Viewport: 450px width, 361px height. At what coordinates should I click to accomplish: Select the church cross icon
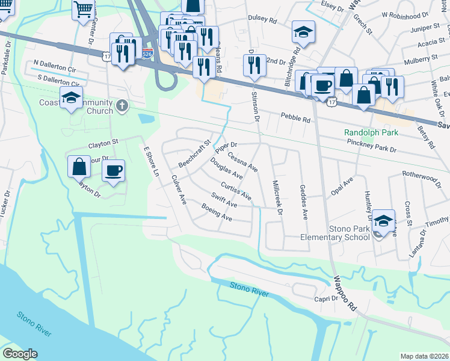click(122, 106)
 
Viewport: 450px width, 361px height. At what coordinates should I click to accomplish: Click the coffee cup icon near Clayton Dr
click(113, 171)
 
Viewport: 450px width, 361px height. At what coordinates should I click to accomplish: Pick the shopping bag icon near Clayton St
click(79, 167)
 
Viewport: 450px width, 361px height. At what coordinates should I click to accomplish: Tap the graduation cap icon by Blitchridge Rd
click(303, 32)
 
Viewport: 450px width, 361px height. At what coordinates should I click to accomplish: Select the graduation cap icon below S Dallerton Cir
click(71, 98)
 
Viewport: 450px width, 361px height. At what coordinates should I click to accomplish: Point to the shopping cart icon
click(83, 9)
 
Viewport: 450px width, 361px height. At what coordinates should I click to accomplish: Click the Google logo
click(20, 354)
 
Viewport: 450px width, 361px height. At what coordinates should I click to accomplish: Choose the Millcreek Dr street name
click(277, 198)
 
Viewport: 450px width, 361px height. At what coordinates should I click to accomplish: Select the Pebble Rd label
click(295, 119)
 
